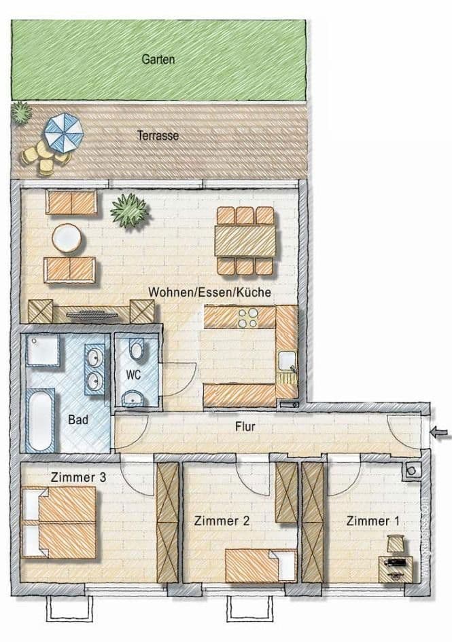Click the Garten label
click(158, 60)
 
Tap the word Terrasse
click(158, 136)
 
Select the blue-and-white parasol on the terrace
click(63, 132)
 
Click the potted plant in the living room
click(130, 210)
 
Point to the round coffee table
click(67, 238)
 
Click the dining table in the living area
click(245, 241)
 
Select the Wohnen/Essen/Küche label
click(210, 292)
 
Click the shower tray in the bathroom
click(43, 350)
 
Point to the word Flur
click(245, 427)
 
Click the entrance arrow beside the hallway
click(440, 431)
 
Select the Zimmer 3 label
click(78, 477)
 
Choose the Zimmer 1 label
click(373, 521)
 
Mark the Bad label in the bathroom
click(78, 420)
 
